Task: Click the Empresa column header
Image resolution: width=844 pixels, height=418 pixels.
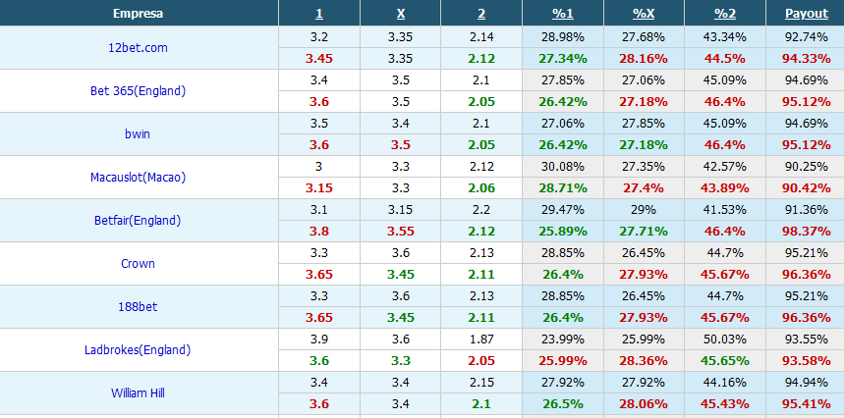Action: [139, 14]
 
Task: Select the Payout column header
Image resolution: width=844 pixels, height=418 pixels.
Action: [806, 14]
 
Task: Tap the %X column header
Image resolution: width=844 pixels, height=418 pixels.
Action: [644, 14]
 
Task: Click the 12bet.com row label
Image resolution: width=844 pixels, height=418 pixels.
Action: [139, 47]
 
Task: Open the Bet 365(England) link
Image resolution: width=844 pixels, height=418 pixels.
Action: [139, 91]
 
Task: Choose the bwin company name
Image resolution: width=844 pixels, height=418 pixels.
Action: [139, 134]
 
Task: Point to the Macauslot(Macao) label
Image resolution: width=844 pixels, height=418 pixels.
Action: [139, 178]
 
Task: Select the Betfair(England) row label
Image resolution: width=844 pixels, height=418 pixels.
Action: [139, 221]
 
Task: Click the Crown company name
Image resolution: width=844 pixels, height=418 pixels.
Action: [139, 264]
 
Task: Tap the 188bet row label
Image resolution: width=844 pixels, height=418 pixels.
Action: [139, 307]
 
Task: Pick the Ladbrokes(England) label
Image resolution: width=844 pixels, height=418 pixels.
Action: [139, 350]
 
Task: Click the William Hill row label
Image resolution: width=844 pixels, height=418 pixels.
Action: [139, 393]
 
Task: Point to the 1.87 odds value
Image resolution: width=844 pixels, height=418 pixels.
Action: [481, 339]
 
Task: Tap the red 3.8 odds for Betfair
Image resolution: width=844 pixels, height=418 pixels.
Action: [319, 231]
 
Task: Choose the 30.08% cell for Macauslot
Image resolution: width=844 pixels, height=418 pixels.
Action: [562, 166]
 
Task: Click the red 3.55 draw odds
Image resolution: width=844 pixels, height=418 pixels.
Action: [401, 231]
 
